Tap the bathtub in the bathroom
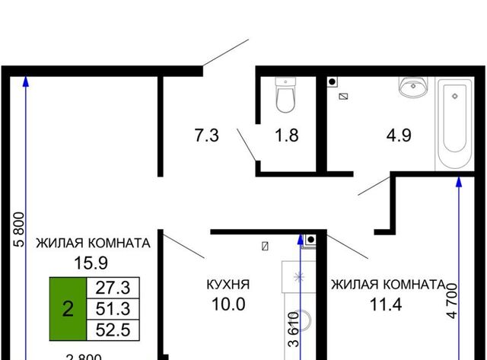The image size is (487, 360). click(x=455, y=125)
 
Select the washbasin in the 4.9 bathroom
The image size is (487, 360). click(x=413, y=86)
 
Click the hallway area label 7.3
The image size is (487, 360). click(x=206, y=135)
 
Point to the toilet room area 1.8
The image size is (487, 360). click(x=287, y=135)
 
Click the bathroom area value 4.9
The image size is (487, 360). click(x=399, y=135)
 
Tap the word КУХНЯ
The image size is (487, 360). click(x=228, y=285)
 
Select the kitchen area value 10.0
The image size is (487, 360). click(x=228, y=304)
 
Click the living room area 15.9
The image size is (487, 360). click(x=91, y=263)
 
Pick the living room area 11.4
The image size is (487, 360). click(x=386, y=304)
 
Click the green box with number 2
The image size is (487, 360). click(x=68, y=309)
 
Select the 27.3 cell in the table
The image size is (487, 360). click(x=113, y=288)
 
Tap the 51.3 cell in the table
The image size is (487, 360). click(x=113, y=309)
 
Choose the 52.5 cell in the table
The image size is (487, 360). click(x=113, y=330)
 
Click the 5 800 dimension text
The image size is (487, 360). click(x=19, y=230)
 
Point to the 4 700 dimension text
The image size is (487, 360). click(x=452, y=301)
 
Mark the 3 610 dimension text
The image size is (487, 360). click(x=294, y=330)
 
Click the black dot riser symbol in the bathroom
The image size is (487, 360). click(x=332, y=82)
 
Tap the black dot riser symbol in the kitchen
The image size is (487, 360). click(x=310, y=240)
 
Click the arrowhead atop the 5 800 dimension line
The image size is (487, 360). click(x=26, y=81)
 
